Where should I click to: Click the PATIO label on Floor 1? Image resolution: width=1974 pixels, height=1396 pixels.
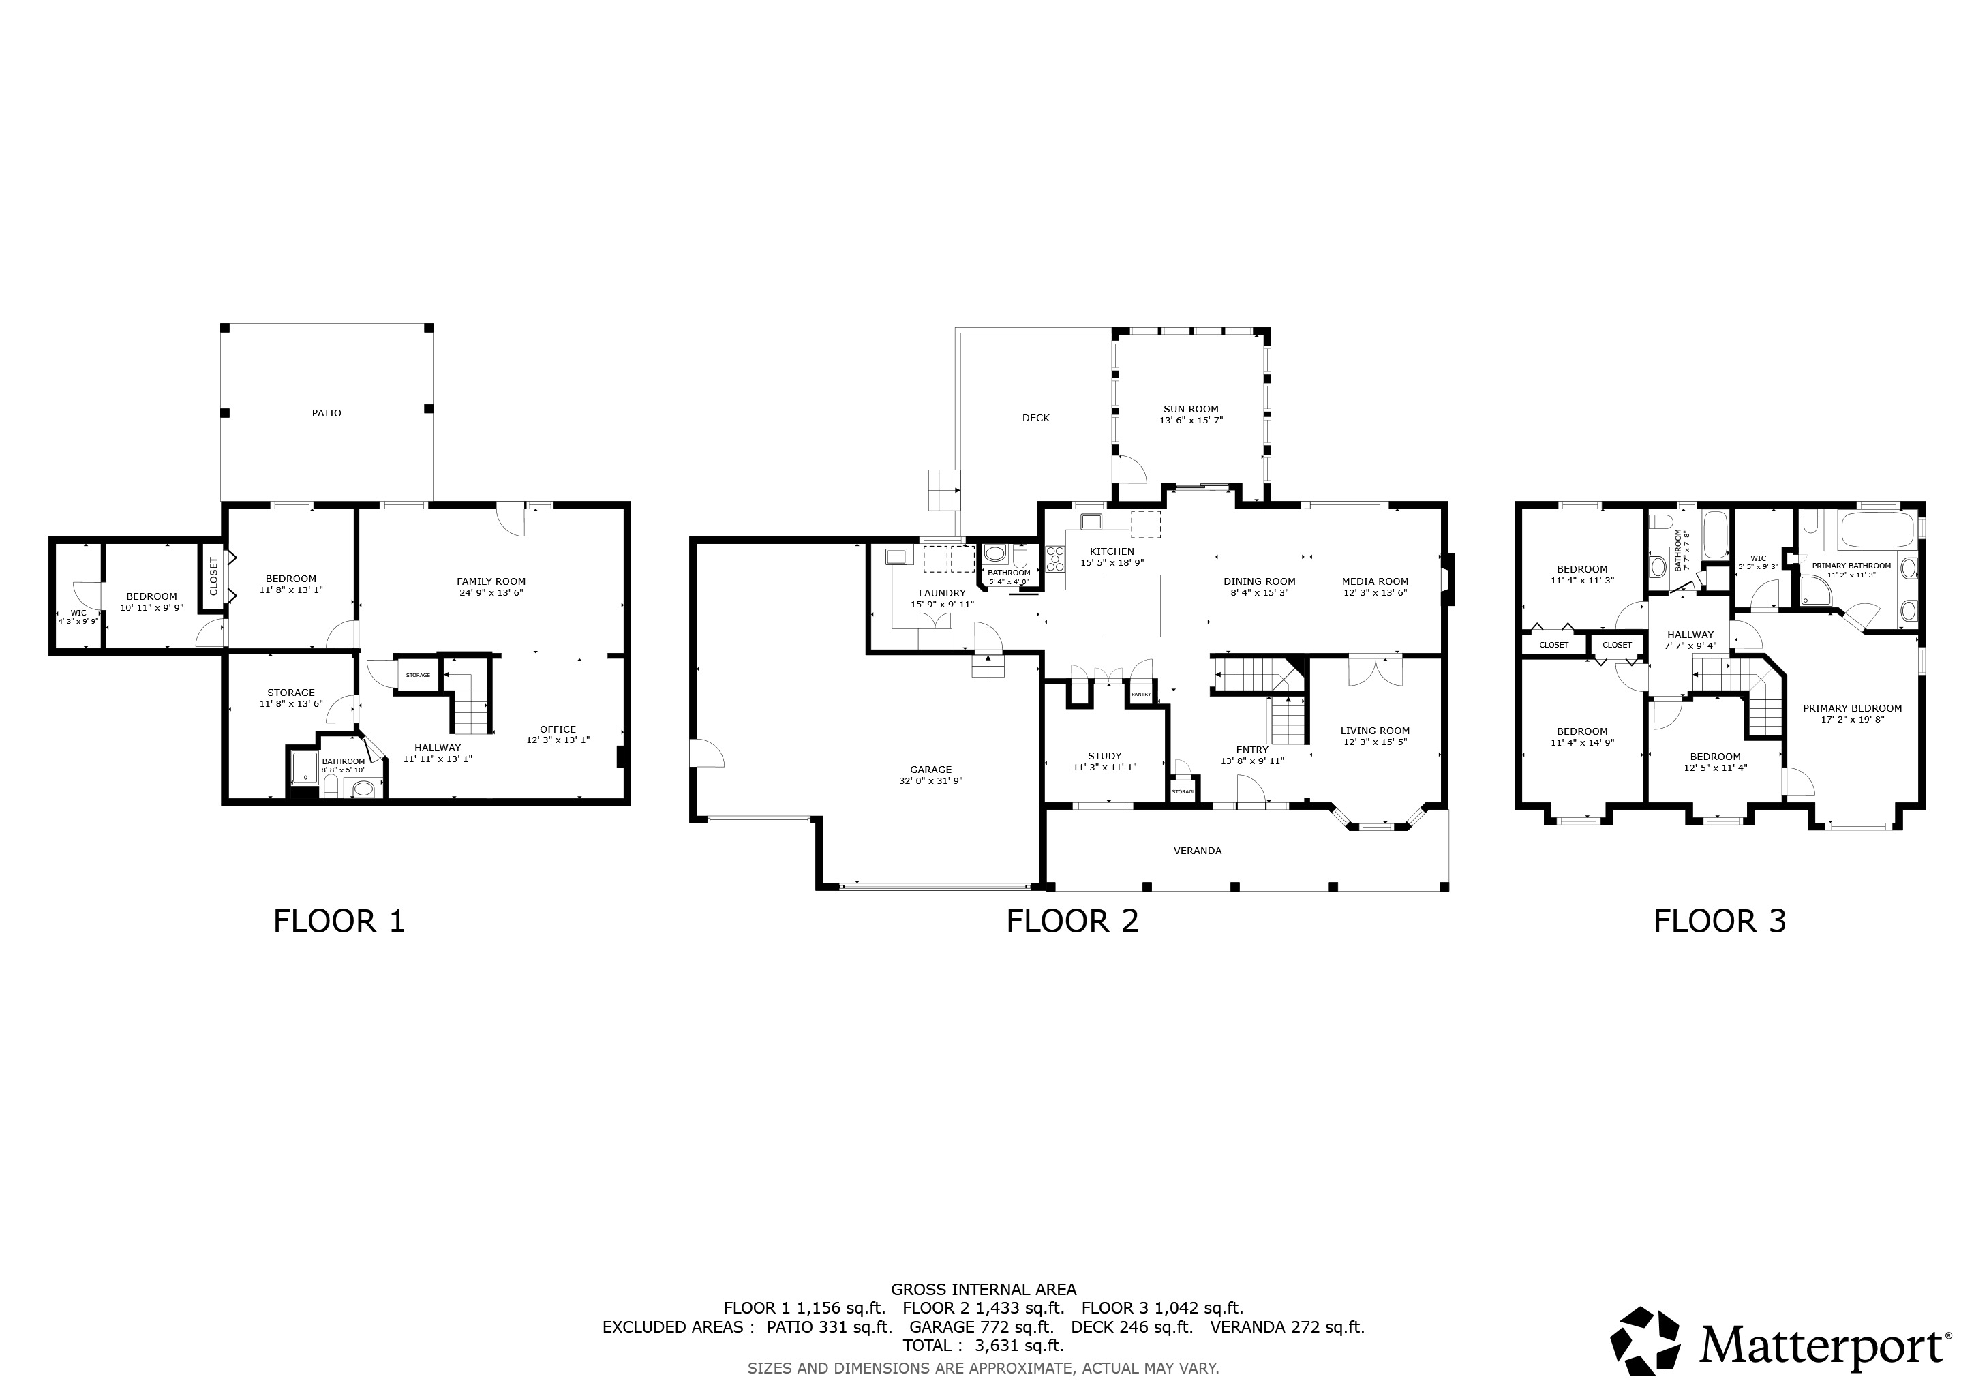click(x=326, y=414)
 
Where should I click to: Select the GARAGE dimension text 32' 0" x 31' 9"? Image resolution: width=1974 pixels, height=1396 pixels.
click(x=931, y=781)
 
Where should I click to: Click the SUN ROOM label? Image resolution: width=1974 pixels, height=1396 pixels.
click(x=1191, y=409)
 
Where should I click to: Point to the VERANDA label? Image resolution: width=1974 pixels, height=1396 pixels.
click(x=1198, y=851)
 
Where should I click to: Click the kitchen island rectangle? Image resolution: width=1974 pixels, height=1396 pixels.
click(x=1132, y=605)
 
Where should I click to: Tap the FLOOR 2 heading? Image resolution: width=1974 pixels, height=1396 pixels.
click(x=1072, y=922)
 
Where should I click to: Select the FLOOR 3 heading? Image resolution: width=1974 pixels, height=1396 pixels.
click(x=1720, y=922)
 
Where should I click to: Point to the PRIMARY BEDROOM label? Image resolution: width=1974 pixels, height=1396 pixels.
click(x=1852, y=709)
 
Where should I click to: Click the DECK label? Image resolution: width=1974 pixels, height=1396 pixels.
click(x=1036, y=419)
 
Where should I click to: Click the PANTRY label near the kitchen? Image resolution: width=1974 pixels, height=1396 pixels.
click(x=1141, y=695)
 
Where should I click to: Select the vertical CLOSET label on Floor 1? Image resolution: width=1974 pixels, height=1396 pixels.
click(x=214, y=576)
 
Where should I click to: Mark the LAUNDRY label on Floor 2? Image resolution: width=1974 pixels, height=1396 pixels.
click(x=942, y=593)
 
